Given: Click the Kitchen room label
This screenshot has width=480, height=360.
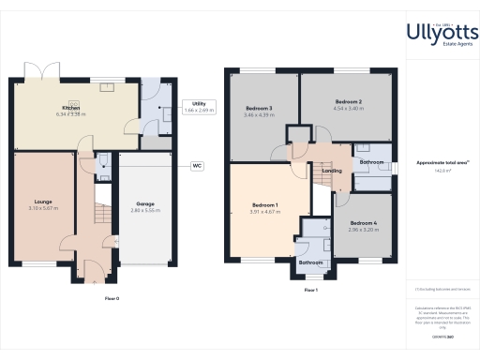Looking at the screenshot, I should (70, 108).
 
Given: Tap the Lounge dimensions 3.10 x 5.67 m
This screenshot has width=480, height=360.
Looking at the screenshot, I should (43, 207).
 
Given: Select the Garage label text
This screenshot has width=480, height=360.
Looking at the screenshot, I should (145, 203).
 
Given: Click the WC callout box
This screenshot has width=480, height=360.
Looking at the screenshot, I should (198, 166).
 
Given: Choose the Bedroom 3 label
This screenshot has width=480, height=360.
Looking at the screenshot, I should (258, 109).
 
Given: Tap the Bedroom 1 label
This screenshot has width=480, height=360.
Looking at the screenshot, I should (265, 205).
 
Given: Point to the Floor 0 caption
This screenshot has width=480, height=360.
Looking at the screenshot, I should (112, 298).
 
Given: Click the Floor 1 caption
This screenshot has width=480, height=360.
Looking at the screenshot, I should (311, 291).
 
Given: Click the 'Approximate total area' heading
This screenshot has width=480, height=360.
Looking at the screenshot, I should (443, 162).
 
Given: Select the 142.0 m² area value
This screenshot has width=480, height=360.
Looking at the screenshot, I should (443, 171).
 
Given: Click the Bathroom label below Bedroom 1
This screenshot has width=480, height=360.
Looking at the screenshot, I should (310, 263).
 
